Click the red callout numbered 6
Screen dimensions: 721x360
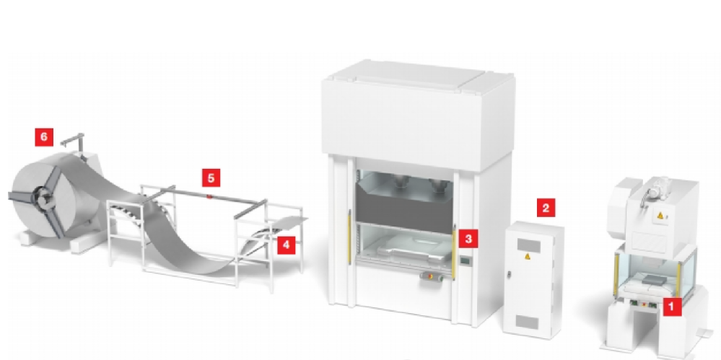coord(44,137)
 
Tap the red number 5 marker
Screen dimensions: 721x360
coord(211,178)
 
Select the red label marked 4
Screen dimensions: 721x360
coord(286,245)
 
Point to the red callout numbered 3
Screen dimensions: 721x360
coord(468,239)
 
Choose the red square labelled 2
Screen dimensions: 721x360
coord(546,208)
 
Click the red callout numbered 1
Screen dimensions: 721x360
coord(671,306)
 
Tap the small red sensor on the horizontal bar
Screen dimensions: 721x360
coord(209,197)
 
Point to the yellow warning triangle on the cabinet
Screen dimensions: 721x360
coord(528,257)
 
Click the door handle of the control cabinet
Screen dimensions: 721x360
coord(510,275)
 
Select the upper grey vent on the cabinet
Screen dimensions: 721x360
coord(528,245)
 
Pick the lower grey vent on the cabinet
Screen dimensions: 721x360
coord(526,322)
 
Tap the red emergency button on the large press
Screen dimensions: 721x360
coord(429,276)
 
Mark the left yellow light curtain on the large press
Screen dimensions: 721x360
coord(349,237)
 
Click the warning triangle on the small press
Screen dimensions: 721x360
coord(661,215)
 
